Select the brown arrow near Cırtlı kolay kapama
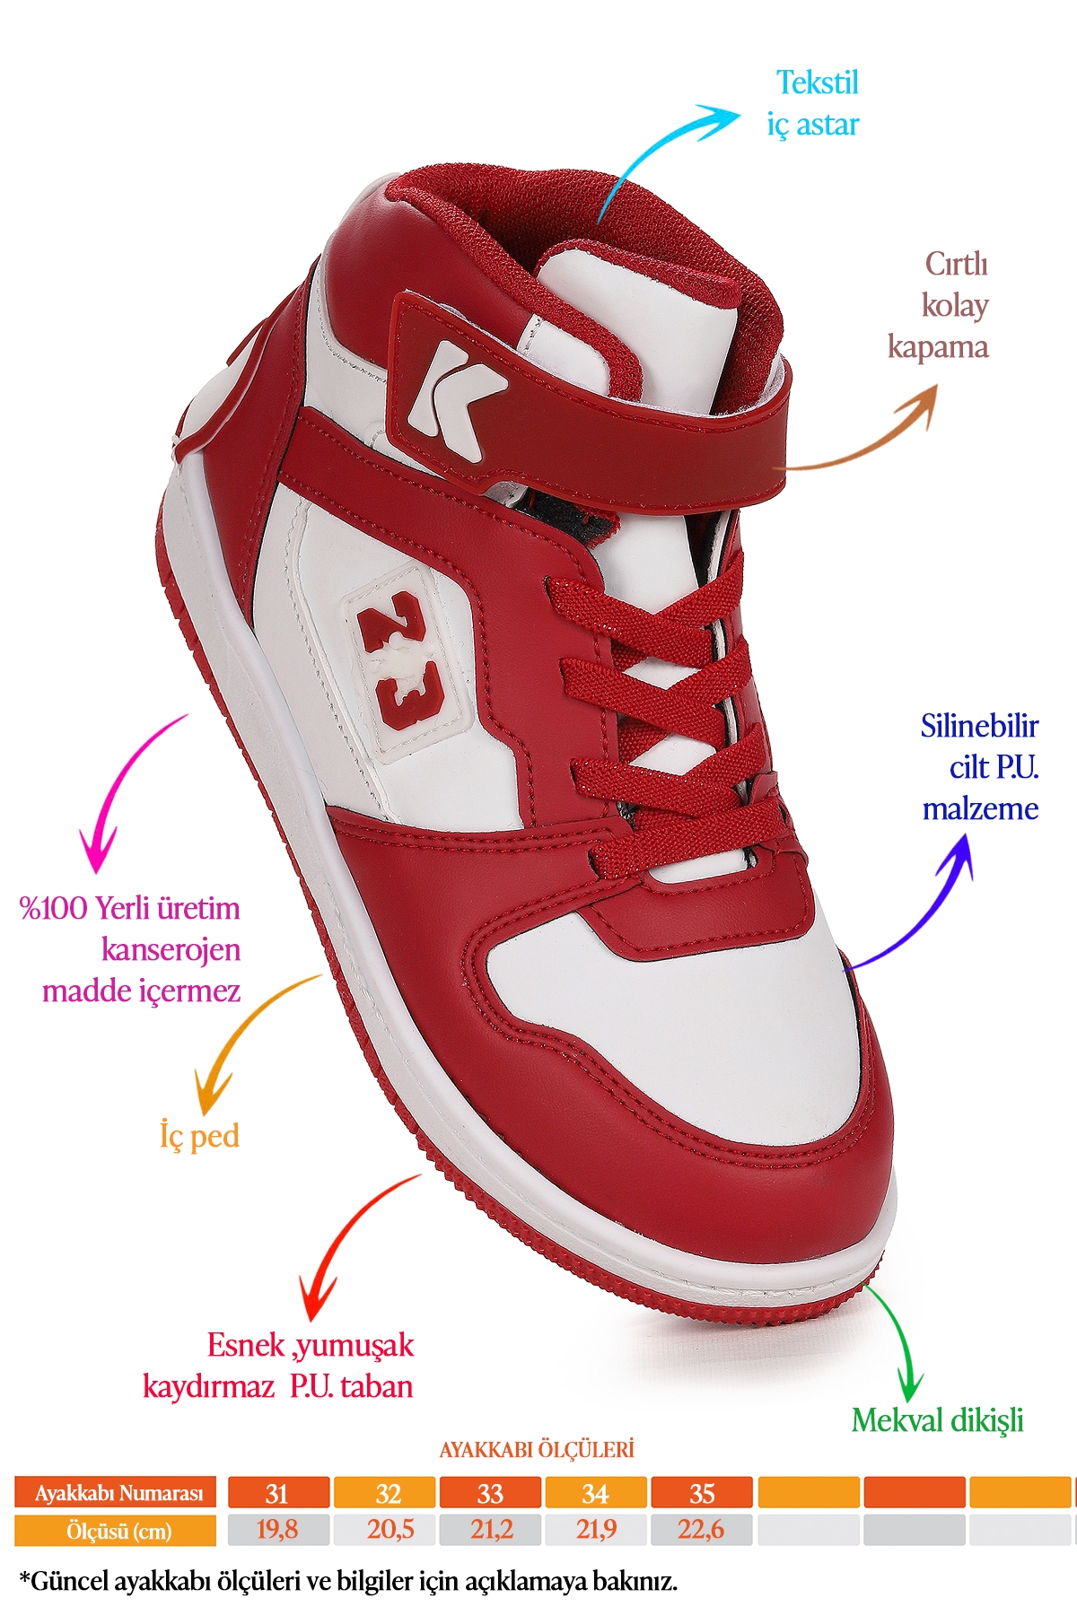[862, 440]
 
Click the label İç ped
[199, 1136]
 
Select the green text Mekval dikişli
[937, 1420]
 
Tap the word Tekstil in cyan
[817, 83]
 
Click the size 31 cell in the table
[277, 1493]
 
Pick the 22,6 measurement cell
[701, 1530]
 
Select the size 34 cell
[595, 1493]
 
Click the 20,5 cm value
[390, 1530]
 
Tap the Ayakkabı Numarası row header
[116, 1493]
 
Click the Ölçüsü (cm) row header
[116, 1531]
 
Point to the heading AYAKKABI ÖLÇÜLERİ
[537, 1450]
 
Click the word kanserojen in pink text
[171, 949]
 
